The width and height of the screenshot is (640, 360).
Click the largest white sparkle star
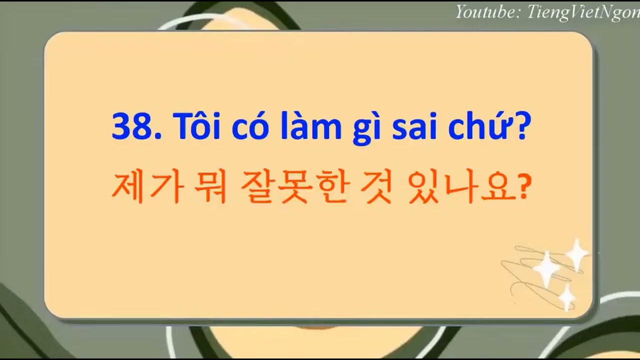click(x=546, y=269)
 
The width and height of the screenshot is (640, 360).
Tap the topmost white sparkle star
click(x=576, y=253)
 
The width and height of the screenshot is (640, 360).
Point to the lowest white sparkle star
click(x=566, y=296)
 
